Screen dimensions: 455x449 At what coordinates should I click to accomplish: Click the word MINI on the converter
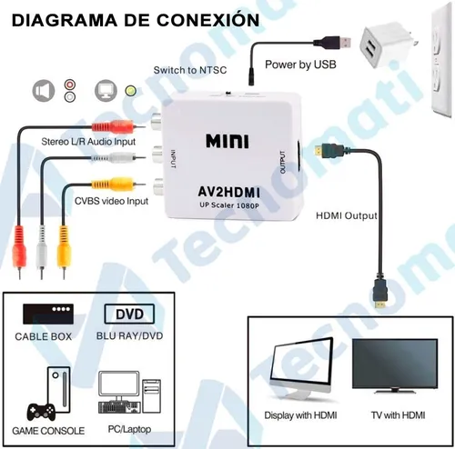tap(227, 141)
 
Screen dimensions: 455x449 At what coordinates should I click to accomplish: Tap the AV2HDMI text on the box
tap(228, 192)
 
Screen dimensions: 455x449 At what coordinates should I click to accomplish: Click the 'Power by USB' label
tap(300, 65)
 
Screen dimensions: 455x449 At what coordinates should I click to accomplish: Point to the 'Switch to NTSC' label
tap(190, 70)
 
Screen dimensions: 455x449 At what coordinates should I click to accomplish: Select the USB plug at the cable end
tap(332, 43)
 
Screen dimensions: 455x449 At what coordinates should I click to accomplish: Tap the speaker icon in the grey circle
tap(44, 91)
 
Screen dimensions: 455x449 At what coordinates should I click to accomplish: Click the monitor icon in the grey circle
tap(106, 91)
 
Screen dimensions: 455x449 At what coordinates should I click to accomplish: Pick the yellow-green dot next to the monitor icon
tap(131, 91)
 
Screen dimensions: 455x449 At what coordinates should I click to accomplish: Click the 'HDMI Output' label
tap(347, 215)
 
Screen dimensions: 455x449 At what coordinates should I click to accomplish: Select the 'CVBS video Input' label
tap(111, 201)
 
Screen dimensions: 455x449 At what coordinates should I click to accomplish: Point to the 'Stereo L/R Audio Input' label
tap(88, 142)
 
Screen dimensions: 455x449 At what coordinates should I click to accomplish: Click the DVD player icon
tap(129, 314)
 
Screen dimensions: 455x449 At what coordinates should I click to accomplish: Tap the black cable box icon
tap(48, 314)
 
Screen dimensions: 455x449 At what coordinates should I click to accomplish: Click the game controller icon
tap(41, 412)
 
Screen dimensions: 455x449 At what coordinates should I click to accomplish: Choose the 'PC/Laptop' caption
tap(129, 429)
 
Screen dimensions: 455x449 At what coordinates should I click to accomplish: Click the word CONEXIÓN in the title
tap(208, 20)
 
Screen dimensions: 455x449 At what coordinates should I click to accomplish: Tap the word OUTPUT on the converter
tap(283, 163)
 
